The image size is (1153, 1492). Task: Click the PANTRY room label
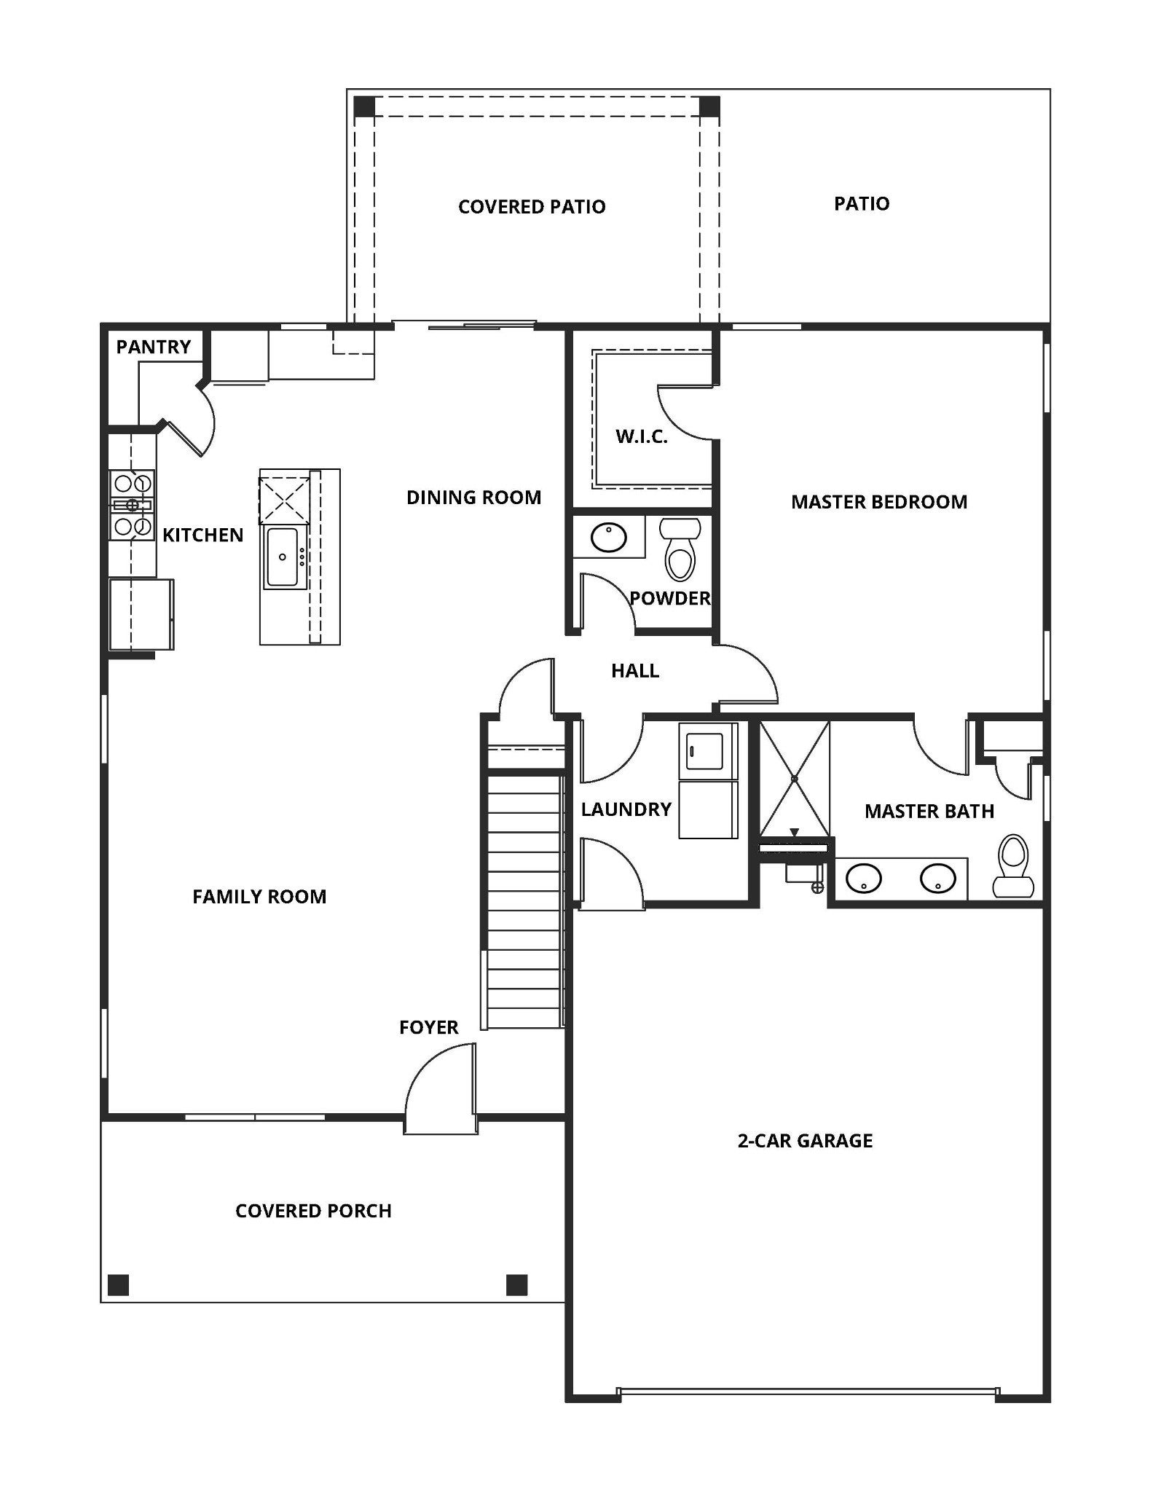153,347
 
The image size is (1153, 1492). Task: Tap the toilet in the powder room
680,552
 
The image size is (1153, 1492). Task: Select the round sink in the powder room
608,538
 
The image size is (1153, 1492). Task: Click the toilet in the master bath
1013,867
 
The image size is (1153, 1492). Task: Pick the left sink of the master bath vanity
864,878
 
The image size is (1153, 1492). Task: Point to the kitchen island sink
282,557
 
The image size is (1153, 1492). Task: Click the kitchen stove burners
132,504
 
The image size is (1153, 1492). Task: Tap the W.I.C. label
641,437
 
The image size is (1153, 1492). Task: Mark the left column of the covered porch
118,1284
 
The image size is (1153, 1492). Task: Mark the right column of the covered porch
516,1284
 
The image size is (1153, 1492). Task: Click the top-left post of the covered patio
364,106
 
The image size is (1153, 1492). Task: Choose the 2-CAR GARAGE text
804,1141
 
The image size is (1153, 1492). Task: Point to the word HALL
634,671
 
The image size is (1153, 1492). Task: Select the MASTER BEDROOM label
878,502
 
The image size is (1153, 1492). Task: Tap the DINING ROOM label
473,498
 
